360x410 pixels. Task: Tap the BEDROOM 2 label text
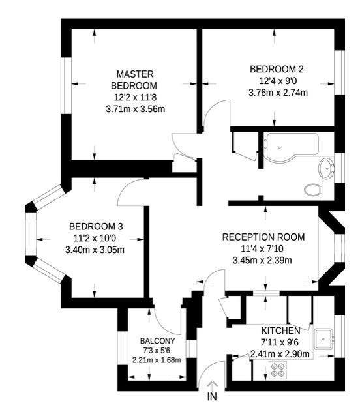point(277,69)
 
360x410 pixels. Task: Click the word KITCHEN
point(280,330)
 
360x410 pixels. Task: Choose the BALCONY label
point(157,341)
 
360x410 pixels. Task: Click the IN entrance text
point(211,396)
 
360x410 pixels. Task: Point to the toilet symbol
point(313,190)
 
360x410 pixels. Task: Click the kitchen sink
point(323,340)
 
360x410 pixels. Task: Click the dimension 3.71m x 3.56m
point(135,110)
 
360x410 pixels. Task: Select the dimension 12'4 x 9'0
point(277,81)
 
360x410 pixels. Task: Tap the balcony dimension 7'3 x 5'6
point(157,350)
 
